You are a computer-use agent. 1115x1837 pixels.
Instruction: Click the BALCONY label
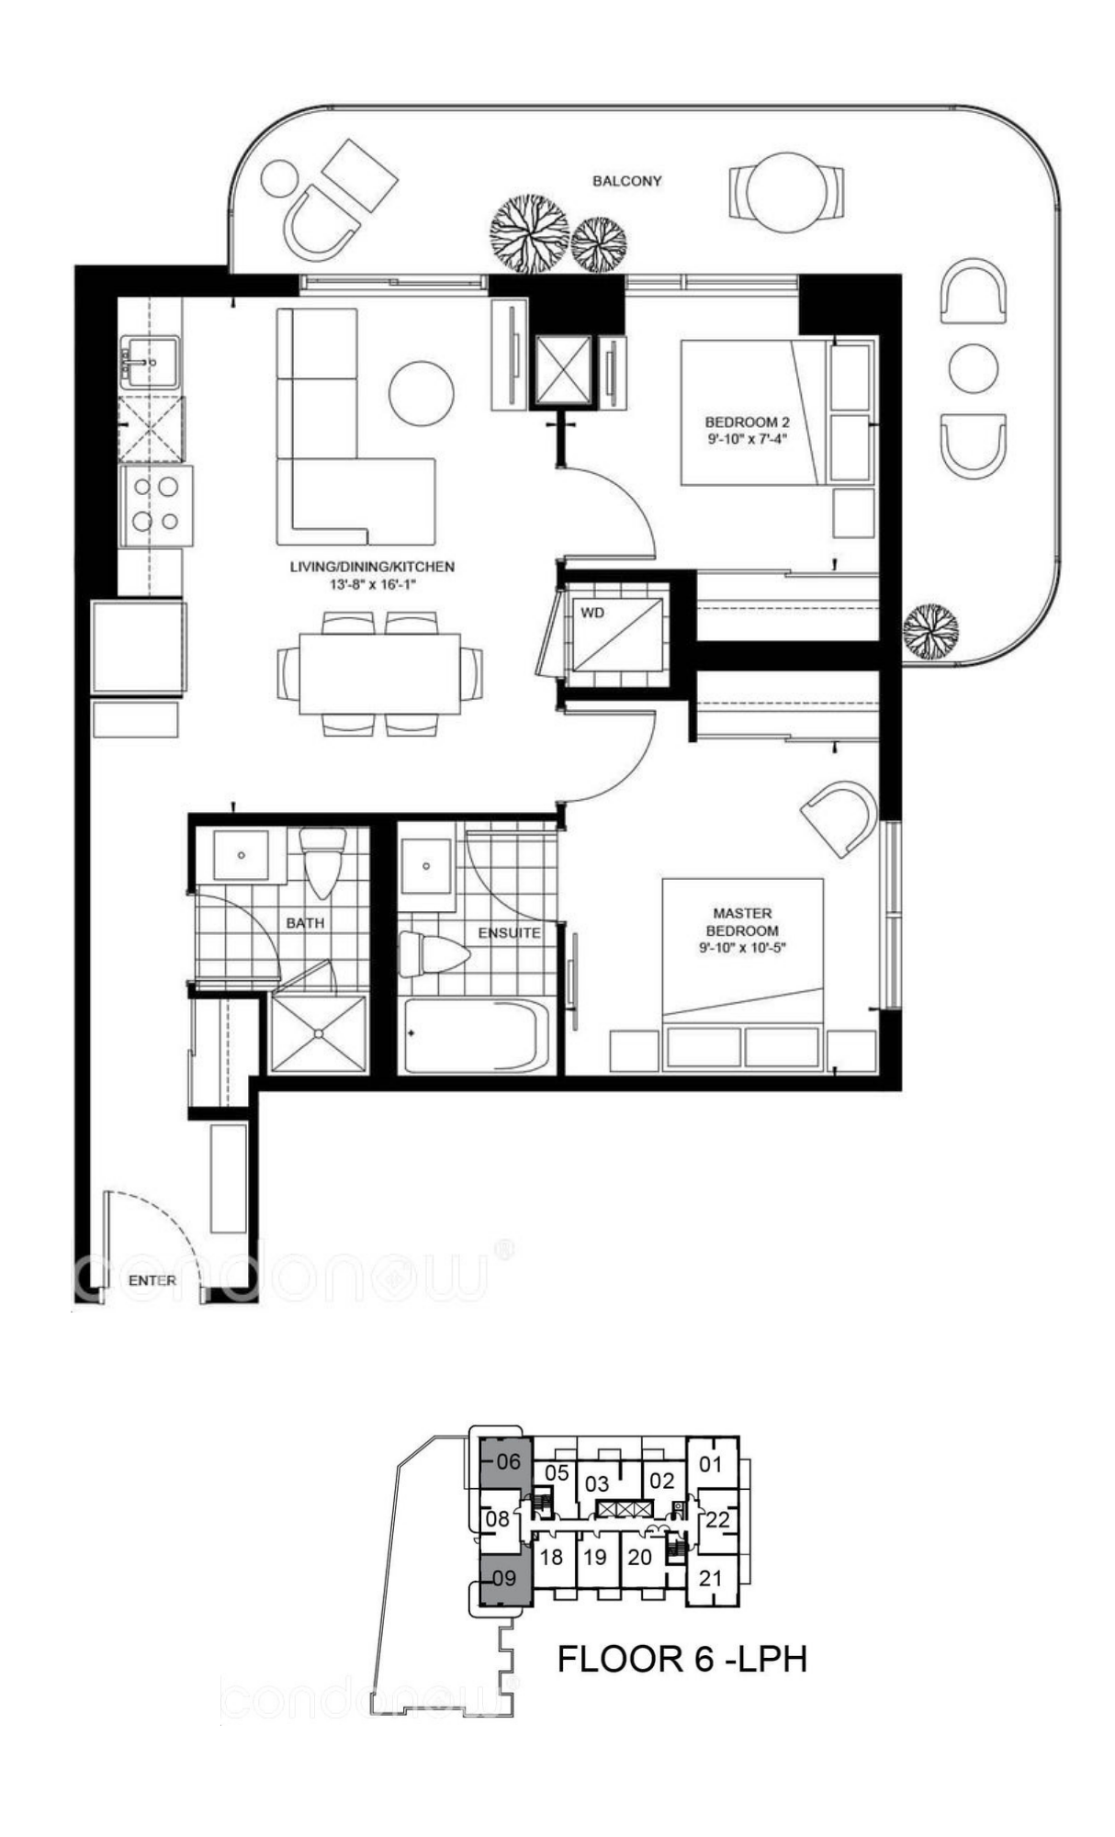click(626, 181)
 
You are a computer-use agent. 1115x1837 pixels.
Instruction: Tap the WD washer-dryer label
click(592, 613)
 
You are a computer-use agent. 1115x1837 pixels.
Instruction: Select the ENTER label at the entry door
click(152, 1280)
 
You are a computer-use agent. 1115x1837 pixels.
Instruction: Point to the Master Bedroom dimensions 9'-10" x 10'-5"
click(742, 947)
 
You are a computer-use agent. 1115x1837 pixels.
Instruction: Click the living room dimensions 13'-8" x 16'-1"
click(372, 584)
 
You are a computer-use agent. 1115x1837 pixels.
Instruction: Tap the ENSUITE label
click(509, 932)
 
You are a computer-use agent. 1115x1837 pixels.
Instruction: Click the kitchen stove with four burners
click(155, 506)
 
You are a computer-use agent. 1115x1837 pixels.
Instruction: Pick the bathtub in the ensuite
click(477, 1035)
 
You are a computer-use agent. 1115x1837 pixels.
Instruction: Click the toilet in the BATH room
click(323, 862)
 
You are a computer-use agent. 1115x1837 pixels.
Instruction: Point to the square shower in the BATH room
click(319, 1031)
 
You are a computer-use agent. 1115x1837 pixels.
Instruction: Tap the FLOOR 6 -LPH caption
click(682, 1659)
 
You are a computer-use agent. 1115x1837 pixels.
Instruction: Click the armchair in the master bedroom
click(839, 817)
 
